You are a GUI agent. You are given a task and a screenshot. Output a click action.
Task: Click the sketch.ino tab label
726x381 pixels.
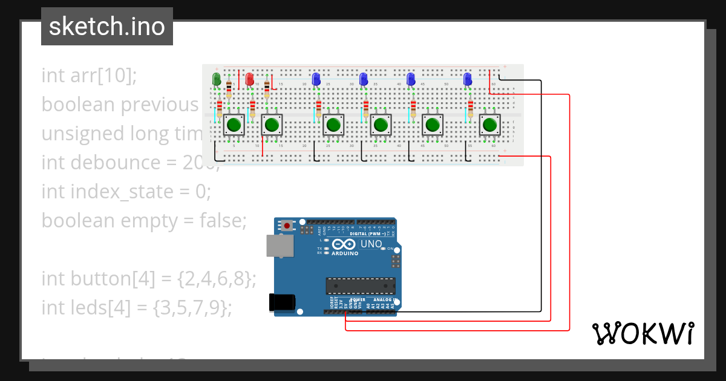point(106,27)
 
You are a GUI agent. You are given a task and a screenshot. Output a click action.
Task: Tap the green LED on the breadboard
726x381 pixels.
point(216,79)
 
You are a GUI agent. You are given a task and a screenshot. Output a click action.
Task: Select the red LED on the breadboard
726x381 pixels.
point(249,79)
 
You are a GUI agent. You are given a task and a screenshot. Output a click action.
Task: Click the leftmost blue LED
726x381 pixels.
point(316,79)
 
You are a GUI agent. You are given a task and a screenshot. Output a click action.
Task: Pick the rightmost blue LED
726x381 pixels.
point(467,79)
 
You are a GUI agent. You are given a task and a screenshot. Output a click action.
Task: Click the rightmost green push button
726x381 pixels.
point(490,125)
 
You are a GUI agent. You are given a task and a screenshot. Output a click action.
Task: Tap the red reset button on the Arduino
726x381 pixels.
point(287,226)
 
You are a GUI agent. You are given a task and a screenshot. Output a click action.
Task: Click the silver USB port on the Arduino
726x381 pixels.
point(280,246)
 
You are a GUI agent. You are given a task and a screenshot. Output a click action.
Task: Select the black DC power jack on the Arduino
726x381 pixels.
point(282,302)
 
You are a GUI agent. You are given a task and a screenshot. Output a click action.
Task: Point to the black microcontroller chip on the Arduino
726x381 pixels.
point(361,285)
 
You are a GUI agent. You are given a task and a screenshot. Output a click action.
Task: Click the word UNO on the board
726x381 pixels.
point(371,244)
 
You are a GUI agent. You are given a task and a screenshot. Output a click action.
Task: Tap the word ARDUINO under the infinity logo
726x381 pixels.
point(345,253)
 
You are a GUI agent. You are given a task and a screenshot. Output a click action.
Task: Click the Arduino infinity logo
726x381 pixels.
point(344,244)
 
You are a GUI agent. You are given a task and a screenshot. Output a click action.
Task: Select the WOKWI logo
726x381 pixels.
point(643,333)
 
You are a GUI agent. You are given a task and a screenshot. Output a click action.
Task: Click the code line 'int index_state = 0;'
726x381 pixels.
point(126,192)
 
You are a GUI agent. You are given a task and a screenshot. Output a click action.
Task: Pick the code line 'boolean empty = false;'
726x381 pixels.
point(144,221)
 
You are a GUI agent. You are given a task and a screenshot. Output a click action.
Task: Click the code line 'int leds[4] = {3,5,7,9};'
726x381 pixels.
point(137,308)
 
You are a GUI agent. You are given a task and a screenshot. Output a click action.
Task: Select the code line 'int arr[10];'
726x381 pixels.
point(90,76)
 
